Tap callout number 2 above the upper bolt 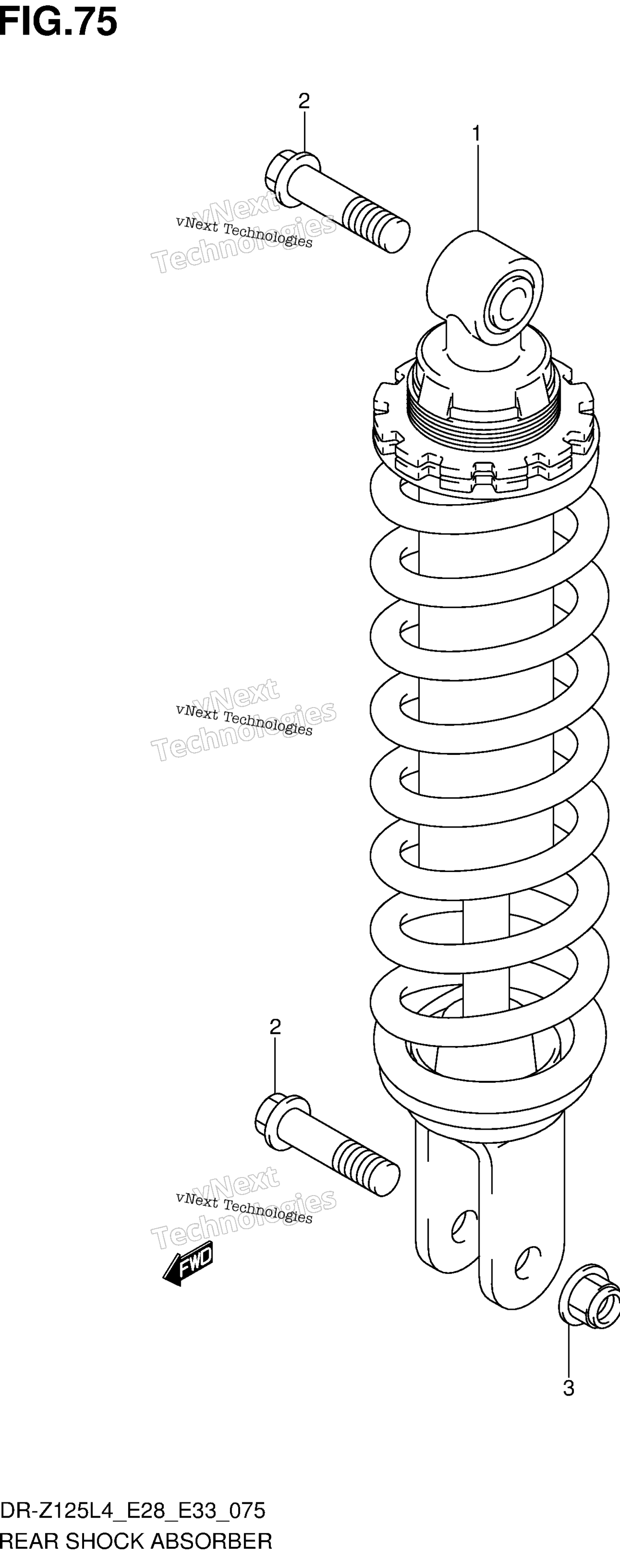[x=304, y=101]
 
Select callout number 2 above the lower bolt [x=275, y=1027]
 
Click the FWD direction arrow [x=188, y=1263]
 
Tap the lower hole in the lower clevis [x=525, y=1263]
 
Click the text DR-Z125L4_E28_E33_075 [x=133, y=1510]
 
